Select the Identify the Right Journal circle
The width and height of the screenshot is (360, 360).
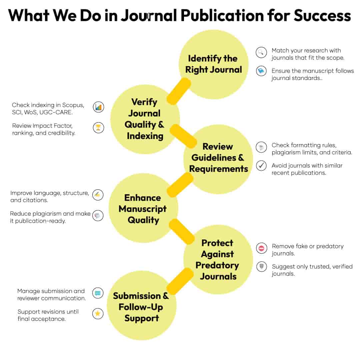213,64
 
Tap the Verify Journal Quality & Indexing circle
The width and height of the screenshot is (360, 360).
145,119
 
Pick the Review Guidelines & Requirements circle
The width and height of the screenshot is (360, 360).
218,159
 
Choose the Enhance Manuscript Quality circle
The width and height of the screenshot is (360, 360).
143,208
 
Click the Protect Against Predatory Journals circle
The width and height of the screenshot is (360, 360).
218,259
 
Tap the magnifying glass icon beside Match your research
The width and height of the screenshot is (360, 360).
261,52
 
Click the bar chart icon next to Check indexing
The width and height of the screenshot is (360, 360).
98,107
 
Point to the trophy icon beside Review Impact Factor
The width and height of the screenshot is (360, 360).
98,127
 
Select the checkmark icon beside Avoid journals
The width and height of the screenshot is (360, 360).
261,166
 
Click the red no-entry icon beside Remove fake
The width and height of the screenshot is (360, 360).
261,248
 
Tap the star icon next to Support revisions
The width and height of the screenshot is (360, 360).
98,314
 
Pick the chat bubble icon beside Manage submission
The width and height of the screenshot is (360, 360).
98,293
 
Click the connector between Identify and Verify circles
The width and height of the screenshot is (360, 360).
179,91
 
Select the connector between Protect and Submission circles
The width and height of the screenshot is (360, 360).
180,281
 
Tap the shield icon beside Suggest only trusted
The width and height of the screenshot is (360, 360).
261,267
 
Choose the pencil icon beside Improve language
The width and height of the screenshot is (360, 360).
98,195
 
